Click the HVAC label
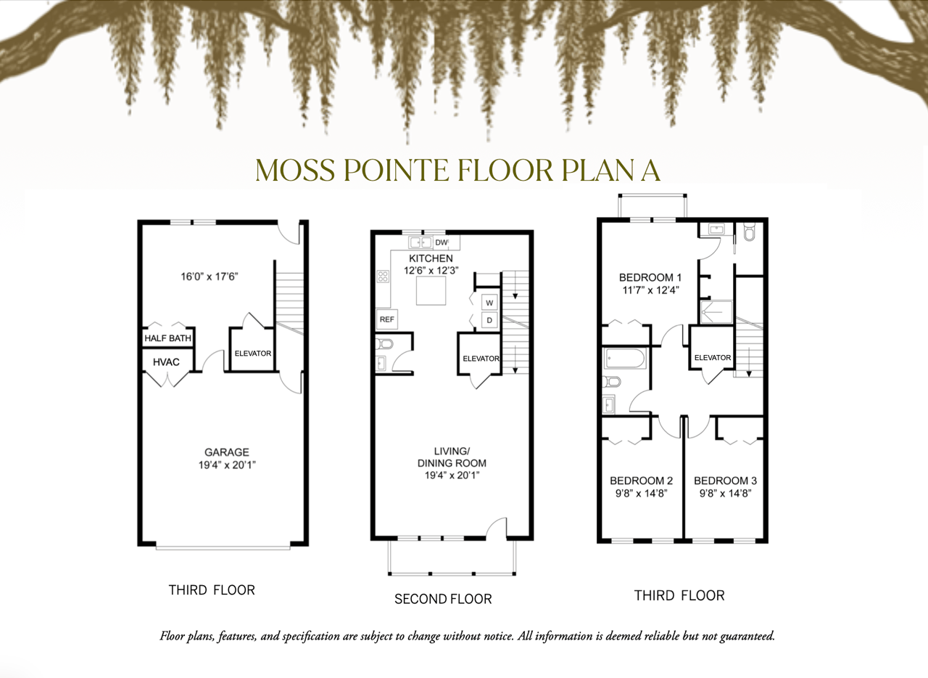(166, 362)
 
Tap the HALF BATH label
(167, 338)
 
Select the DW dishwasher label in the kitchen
(442, 242)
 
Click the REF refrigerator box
(387, 319)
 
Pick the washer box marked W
(489, 303)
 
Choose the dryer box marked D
(489, 320)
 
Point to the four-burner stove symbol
(383, 277)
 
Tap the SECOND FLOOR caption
(443, 599)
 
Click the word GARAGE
(227, 452)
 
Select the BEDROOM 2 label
(642, 481)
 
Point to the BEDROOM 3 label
(726, 481)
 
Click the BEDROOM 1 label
(650, 277)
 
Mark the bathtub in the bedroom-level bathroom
(625, 358)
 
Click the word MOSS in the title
(295, 170)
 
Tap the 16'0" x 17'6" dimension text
(210, 277)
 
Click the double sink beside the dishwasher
(420, 242)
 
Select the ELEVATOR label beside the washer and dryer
(481, 359)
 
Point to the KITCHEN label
(431, 258)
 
